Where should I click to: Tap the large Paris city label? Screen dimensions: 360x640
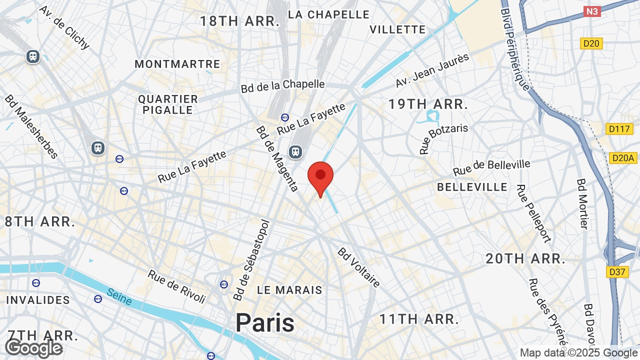point(265,322)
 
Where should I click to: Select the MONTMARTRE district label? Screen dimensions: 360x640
point(177,64)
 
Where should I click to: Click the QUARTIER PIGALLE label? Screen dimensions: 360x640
point(168,104)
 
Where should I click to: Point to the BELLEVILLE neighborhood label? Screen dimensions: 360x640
point(472,187)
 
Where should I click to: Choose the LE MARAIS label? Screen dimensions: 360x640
point(289,290)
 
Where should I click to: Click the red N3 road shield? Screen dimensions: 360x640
point(592,11)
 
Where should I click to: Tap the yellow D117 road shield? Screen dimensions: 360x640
point(619,129)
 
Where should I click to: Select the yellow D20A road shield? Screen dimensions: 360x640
point(623,158)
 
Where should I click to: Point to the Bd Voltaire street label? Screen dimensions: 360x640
point(358,267)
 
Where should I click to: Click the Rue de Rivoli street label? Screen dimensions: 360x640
point(176,286)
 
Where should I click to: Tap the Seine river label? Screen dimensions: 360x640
point(119,297)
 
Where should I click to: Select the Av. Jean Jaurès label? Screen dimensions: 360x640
point(432,70)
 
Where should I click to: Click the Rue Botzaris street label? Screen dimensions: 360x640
point(443,138)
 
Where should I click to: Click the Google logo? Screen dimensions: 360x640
point(34,348)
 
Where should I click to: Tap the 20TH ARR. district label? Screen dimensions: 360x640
point(525,259)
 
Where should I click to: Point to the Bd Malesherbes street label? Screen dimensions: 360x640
point(31,126)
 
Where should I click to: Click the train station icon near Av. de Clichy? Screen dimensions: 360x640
point(33,56)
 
